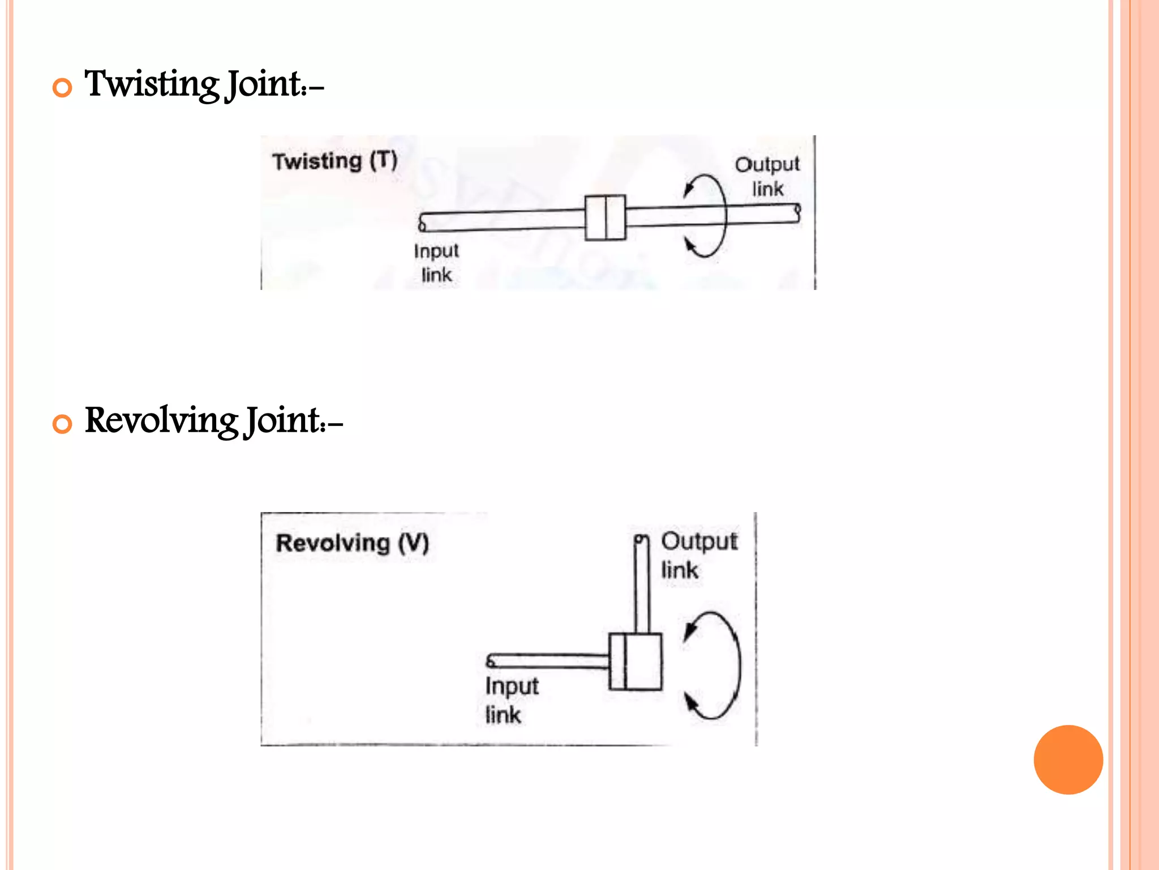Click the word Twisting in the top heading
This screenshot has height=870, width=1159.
click(152, 84)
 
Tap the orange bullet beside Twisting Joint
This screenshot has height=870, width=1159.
click(62, 88)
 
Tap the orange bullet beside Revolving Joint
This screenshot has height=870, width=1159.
click(62, 424)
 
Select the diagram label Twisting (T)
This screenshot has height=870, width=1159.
click(335, 161)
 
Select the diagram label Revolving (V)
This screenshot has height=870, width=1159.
click(352, 543)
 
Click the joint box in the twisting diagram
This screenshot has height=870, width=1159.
click(605, 217)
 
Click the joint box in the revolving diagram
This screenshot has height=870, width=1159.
click(635, 662)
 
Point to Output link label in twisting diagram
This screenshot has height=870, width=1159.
click(767, 176)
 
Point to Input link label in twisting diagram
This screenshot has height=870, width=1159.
click(436, 262)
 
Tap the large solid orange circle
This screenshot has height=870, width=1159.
click(1068, 760)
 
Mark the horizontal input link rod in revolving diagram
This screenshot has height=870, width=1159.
click(548, 661)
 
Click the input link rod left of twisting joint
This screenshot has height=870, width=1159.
click(502, 220)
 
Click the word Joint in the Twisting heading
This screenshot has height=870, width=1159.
click(265, 84)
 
